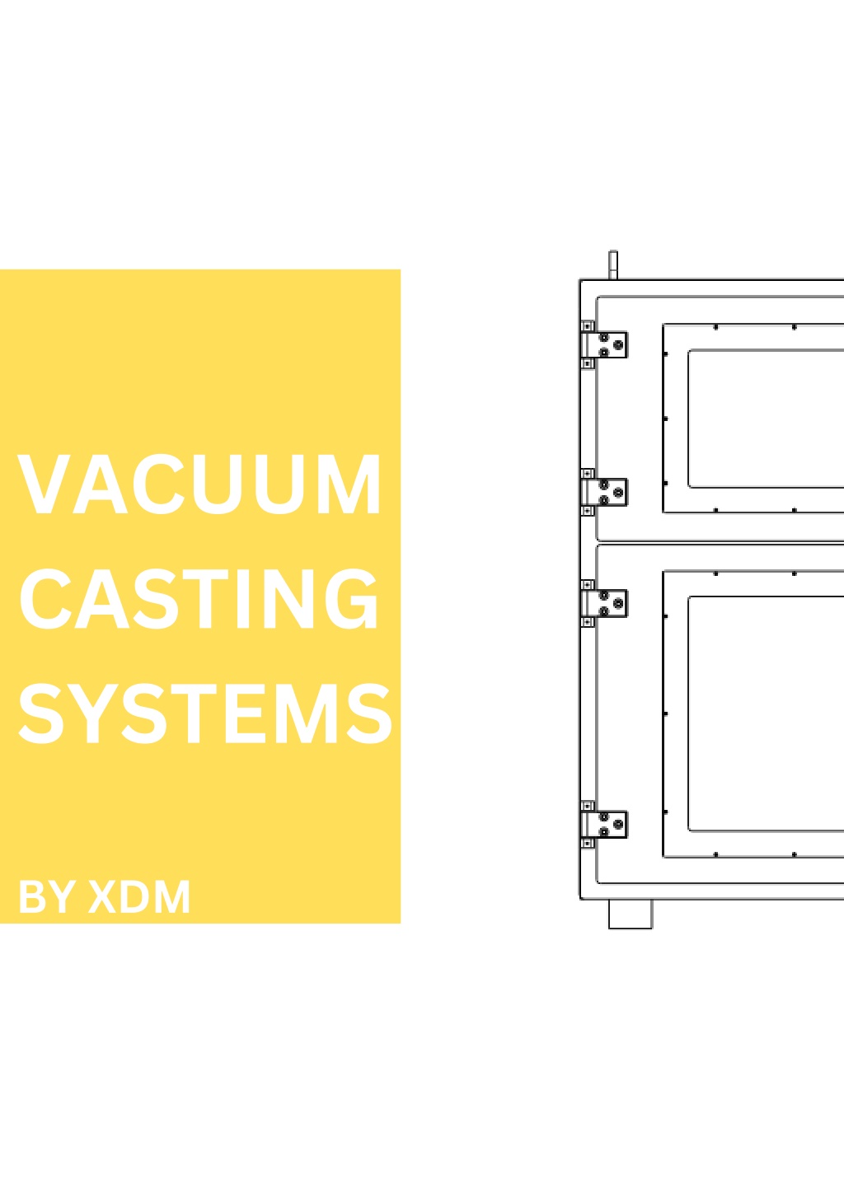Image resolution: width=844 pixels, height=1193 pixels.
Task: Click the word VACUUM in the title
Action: [199, 484]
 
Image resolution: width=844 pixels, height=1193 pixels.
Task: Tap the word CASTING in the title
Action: [199, 598]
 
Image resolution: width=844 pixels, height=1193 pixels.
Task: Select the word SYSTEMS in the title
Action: [206, 713]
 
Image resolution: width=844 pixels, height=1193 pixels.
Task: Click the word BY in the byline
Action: [46, 897]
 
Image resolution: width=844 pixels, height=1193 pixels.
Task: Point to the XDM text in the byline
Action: [139, 897]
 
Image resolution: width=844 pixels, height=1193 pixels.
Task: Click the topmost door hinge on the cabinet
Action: [603, 344]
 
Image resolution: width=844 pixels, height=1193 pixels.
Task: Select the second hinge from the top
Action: [603, 492]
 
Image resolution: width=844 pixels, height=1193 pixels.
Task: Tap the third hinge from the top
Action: [603, 603]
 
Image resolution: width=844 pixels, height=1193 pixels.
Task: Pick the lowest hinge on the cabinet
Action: [603, 825]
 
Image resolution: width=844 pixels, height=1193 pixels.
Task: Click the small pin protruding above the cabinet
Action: [613, 264]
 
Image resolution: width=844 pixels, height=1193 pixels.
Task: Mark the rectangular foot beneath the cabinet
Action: [631, 915]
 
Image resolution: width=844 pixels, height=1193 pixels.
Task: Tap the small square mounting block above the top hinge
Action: [587, 326]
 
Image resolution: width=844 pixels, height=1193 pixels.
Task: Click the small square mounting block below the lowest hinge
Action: [587, 844]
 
